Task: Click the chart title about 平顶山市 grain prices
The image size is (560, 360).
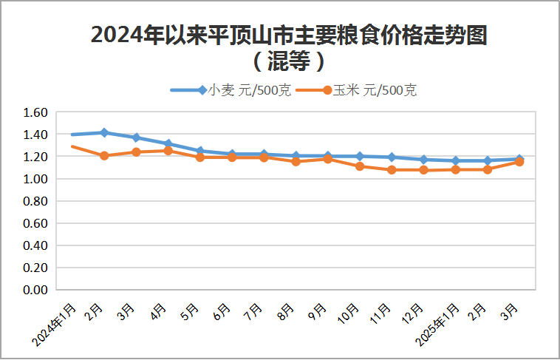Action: coord(289,35)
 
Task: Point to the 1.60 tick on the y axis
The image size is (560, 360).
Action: coord(35,112)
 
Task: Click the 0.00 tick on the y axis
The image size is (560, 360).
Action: coord(35,290)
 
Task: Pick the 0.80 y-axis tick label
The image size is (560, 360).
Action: coord(35,201)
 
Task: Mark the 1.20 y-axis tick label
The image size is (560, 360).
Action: coord(35,157)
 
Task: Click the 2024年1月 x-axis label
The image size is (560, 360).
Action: coord(56,324)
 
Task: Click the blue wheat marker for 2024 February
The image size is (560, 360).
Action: coord(104,133)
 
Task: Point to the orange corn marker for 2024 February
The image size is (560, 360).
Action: coord(104,155)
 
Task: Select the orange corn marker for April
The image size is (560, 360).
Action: coord(168,151)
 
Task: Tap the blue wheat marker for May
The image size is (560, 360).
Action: coord(200,151)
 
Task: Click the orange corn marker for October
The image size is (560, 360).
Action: coord(360,166)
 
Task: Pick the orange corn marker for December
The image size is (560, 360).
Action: coord(423,170)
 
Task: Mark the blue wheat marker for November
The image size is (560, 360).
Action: coord(392,157)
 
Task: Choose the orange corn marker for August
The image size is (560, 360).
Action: coord(296,161)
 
